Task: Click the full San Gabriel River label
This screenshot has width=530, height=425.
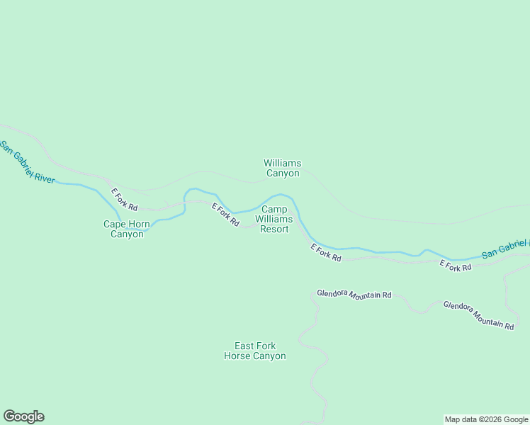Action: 27,162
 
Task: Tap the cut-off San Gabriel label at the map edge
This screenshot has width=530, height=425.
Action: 505,248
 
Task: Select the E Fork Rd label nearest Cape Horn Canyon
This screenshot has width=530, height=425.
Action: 123,200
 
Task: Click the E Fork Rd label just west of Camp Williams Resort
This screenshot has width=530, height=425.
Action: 225,215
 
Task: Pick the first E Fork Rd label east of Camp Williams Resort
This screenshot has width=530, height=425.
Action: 326,253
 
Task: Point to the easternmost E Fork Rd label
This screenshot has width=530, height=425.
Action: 456,266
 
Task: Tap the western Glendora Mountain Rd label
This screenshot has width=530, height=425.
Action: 354,294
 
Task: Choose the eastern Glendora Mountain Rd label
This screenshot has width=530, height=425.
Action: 478,315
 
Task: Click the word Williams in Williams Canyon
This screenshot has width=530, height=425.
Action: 282,163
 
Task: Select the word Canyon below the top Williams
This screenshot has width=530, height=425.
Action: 282,174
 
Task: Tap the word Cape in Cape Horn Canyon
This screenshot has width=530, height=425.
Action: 115,225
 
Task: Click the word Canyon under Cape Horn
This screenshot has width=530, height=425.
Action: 127,234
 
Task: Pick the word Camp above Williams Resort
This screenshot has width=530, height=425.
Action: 274,210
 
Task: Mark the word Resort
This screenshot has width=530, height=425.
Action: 274,229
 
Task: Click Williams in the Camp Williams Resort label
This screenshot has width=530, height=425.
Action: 274,220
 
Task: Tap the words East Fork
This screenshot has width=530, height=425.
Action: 255,346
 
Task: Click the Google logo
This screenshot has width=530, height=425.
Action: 23,416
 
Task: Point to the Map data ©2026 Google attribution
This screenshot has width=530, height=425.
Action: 487,419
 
